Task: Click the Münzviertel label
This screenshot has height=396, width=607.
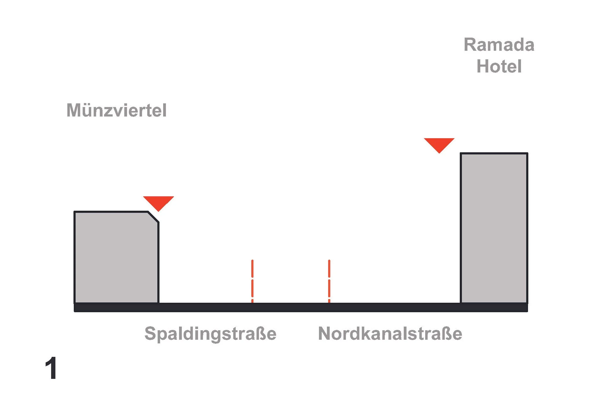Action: pos(116,110)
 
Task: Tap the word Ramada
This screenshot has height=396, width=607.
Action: pos(499,45)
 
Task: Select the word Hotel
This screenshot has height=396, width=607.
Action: pos(499,66)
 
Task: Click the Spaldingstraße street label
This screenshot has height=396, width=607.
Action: pos(210,333)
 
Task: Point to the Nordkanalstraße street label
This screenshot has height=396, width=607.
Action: pos(390,333)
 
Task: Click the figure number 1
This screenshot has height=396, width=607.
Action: pos(51,368)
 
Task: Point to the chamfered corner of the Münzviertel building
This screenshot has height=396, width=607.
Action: pos(153,217)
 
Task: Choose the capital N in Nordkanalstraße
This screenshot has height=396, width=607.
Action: pos(325,333)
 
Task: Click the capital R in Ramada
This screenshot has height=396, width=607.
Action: pos(470,45)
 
